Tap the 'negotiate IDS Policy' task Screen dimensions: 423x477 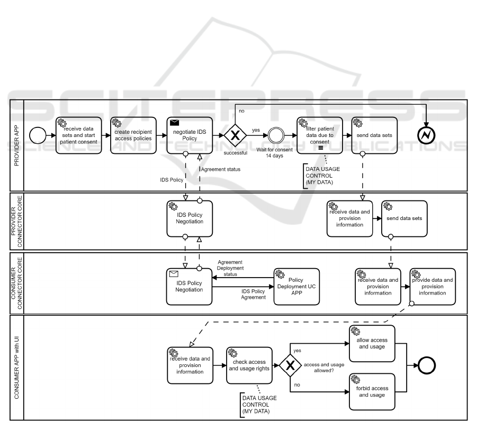tap(190, 135)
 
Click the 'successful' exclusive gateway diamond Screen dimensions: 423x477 tap(235, 135)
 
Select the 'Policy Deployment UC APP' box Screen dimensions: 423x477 tap(298, 286)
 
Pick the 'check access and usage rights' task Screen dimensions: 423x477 tap(249, 366)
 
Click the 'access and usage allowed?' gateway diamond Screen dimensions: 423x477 tap(291, 366)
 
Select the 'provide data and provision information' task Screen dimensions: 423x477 tap(433, 286)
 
